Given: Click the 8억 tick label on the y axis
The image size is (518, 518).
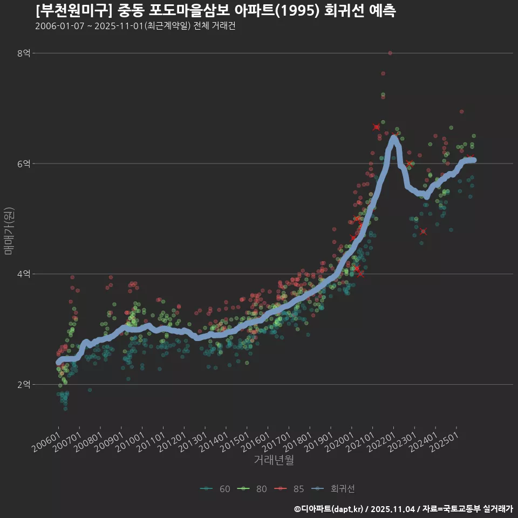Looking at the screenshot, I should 23,53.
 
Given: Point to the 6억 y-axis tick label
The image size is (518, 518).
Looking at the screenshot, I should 23,163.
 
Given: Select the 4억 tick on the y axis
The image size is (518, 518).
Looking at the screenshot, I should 23,274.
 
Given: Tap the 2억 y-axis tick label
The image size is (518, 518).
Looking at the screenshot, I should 23,385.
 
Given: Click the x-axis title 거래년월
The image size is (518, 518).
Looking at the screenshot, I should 274,460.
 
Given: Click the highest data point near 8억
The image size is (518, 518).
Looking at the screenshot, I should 390,53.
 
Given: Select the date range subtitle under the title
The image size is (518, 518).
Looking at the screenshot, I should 135,26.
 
